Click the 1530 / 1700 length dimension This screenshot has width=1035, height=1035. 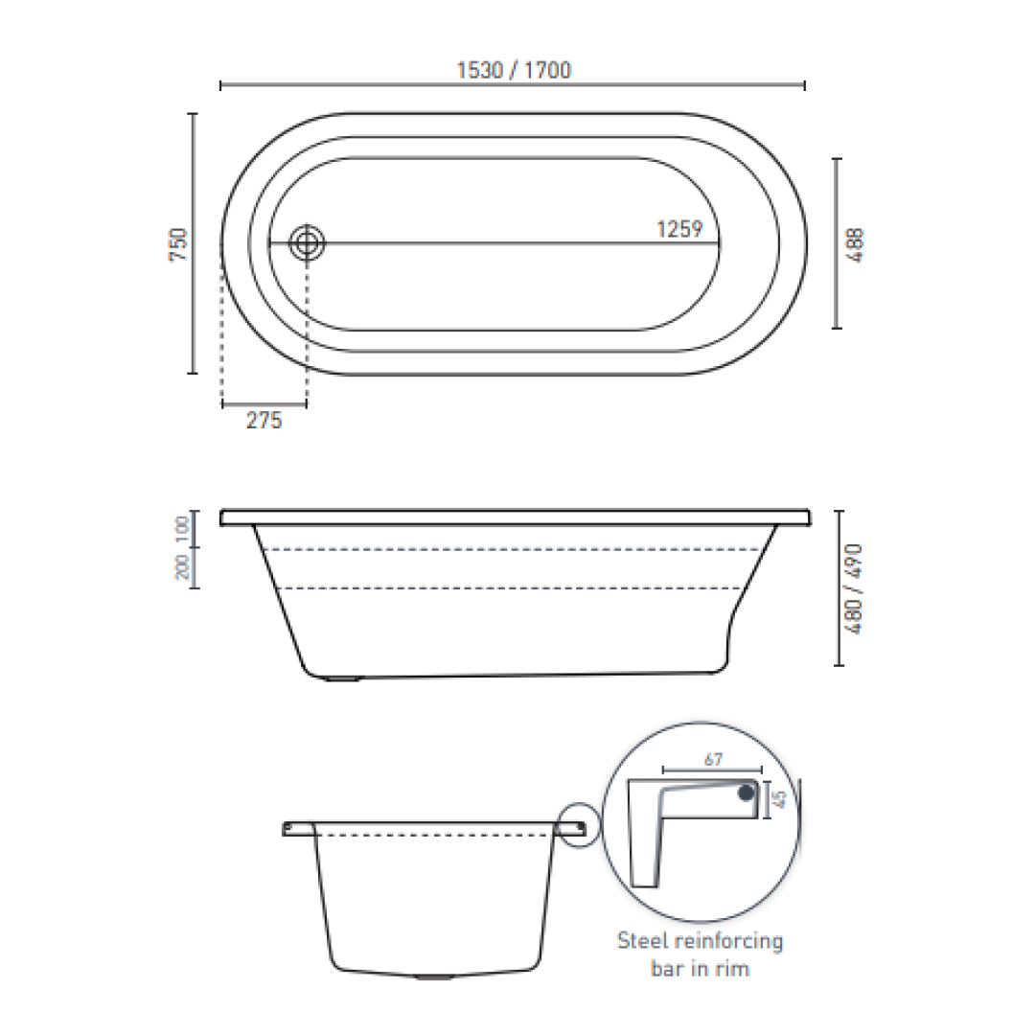(514, 70)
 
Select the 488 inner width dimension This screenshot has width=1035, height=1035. (856, 244)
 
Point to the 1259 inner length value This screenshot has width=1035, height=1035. (679, 230)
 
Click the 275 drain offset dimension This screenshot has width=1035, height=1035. (264, 421)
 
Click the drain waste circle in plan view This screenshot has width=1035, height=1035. (308, 242)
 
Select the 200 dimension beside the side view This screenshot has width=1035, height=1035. (182, 568)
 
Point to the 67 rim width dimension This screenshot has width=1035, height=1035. (712, 759)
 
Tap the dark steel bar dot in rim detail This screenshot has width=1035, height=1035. (746, 793)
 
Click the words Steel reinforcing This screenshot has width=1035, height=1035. (700, 940)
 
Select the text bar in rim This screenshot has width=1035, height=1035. (700, 969)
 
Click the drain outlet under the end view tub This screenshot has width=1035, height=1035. (433, 978)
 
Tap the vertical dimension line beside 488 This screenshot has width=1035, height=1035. (837, 243)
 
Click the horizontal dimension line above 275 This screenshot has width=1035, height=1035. (264, 405)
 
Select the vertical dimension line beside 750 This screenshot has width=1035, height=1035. (193, 243)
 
